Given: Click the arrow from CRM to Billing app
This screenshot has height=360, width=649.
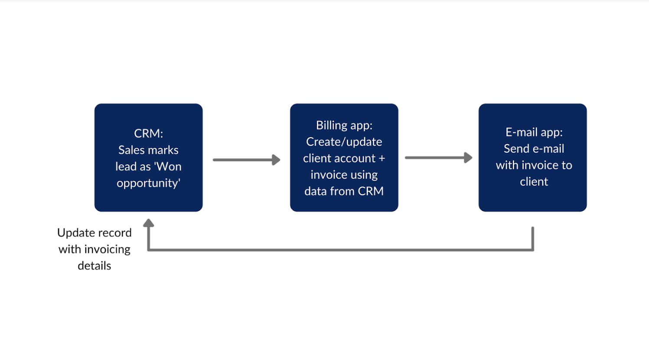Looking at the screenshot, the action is [247, 159].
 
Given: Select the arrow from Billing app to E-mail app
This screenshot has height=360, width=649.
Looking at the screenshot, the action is [439, 158].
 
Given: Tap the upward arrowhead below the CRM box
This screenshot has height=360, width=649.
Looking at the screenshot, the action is [148, 223].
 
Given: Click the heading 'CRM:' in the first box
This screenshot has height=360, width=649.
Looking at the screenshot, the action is [148, 133].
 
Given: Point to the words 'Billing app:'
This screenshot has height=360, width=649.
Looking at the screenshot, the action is [344, 126].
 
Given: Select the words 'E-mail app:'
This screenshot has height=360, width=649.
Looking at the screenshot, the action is [534, 133].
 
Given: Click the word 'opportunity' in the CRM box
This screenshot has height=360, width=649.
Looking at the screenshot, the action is [147, 183].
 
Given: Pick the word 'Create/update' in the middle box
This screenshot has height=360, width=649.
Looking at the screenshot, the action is [344, 142].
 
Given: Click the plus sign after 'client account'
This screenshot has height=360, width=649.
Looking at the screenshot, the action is [382, 159].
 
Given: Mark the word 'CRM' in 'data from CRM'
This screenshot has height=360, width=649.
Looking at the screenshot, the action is [371, 191].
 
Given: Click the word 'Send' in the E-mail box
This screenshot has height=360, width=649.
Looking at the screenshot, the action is [515, 149].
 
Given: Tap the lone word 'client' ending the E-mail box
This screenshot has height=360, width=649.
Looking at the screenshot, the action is [534, 182].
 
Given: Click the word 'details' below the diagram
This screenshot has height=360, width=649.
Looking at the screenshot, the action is [95, 266].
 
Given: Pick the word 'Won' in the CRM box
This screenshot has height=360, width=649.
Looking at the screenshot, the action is [169, 166].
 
